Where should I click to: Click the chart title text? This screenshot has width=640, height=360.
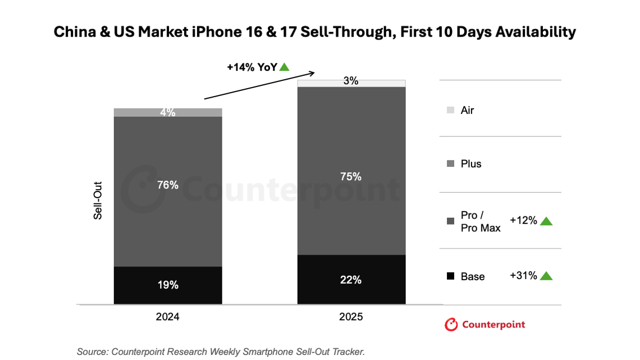pyautogui.click(x=314, y=32)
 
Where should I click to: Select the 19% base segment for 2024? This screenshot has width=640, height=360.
pyautogui.click(x=167, y=285)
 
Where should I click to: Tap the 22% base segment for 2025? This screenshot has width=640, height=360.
pyautogui.click(x=351, y=280)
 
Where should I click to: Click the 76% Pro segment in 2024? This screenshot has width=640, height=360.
pyautogui.click(x=167, y=191)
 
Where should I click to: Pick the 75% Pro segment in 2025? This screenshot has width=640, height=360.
pyautogui.click(x=351, y=171)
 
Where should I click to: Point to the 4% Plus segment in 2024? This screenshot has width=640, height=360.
pyautogui.click(x=167, y=112)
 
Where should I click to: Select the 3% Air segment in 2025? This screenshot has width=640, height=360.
pyautogui.click(x=351, y=83)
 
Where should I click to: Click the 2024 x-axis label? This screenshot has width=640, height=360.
pyautogui.click(x=167, y=317)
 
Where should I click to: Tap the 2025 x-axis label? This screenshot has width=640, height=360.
pyautogui.click(x=351, y=317)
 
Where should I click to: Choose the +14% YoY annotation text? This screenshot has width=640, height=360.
pyautogui.click(x=252, y=67)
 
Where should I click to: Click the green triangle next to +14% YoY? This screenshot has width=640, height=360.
pyautogui.click(x=285, y=67)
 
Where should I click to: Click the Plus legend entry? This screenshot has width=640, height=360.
pyautogui.click(x=470, y=164)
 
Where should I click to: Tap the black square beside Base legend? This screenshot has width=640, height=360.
pyautogui.click(x=450, y=276)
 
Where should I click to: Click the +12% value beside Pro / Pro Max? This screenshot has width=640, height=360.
pyautogui.click(x=523, y=221)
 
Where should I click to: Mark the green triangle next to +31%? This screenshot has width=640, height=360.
pyautogui.click(x=546, y=276)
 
